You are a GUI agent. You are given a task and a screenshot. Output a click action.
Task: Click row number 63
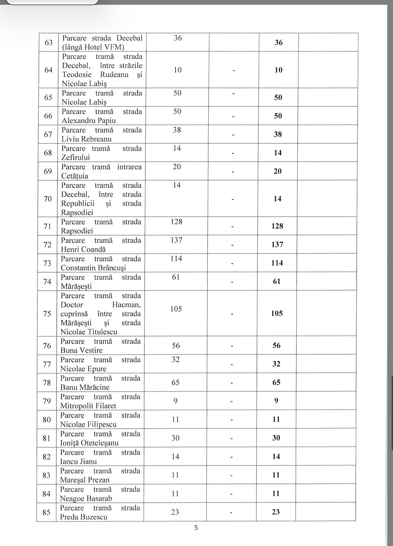tap(49, 42)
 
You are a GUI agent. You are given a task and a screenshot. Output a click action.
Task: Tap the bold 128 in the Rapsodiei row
tap(277, 226)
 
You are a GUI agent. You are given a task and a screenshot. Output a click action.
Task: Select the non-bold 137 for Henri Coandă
tap(176, 240)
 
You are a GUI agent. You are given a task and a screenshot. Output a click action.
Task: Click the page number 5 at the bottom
tap(196, 528)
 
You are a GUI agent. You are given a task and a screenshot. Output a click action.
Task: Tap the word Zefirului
tap(76, 158)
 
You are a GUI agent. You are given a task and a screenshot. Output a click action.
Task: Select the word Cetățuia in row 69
tap(75, 176)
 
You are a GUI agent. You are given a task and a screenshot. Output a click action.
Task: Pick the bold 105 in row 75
tap(277, 313)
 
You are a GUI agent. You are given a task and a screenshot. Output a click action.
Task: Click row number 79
tap(47, 401)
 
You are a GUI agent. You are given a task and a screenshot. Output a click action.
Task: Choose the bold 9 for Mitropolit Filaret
tap(276, 401)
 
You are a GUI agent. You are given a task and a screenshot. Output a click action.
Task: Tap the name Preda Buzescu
tap(83, 517)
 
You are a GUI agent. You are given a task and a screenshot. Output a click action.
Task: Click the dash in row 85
tap(231, 512)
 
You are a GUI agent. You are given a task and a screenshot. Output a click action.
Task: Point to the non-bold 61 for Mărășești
tap(176, 277)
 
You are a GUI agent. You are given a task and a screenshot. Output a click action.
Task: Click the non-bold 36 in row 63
tap(178, 38)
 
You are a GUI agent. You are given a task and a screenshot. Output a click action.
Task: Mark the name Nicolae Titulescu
tap(89, 332)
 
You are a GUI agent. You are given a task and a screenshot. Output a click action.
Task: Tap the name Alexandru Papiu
tap(89, 121)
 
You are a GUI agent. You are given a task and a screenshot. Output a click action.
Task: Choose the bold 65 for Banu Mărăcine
tap(276, 382)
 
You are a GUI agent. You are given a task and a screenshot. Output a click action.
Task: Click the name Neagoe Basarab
tap(86, 499)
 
